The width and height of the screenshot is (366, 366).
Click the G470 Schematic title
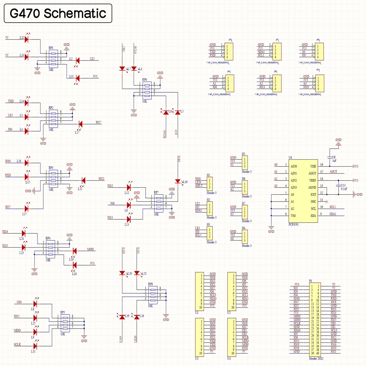pos(58,13)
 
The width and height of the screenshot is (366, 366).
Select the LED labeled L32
pos(26,39)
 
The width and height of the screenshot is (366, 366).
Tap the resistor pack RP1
pos(53,59)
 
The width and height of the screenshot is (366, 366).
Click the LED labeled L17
pos(81,124)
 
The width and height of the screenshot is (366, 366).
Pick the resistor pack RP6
pos(147,90)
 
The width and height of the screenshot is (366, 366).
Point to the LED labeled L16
pos(178,181)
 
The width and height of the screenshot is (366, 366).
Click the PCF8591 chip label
pos(294,224)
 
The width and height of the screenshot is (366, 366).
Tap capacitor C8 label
pos(334,157)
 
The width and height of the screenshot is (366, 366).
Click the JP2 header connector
pos(229,52)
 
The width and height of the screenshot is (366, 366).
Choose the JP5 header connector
pos(320,83)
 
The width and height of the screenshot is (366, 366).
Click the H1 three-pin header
pos(210,184)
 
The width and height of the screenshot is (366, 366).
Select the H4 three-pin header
pos(245,237)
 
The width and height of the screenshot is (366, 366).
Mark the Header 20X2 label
pos(316,359)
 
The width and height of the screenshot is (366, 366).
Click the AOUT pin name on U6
pos(312,174)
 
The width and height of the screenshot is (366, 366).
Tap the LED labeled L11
pos(35,346)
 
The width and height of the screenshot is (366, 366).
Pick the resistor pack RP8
pos(153,295)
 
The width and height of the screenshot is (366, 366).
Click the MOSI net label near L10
pos(90,249)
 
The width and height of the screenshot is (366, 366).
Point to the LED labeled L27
pos(26,209)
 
